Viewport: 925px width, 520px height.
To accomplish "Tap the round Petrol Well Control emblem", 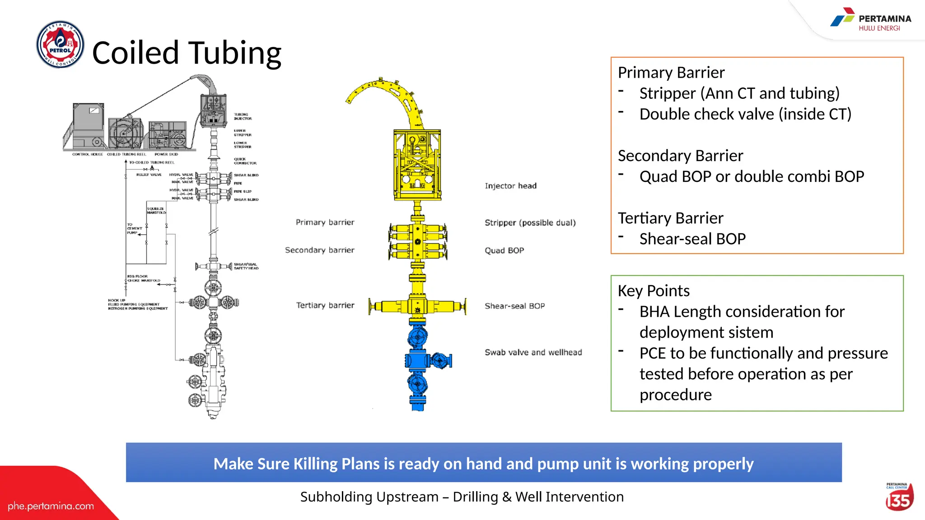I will coord(60,44).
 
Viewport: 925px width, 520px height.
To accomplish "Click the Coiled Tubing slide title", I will coord(187,53).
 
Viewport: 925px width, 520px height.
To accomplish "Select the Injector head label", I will coord(510,186).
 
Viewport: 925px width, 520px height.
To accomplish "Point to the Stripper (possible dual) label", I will coord(530,223).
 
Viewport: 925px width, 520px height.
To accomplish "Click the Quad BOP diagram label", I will coord(504,251).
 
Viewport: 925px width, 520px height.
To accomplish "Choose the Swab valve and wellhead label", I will coord(533,353).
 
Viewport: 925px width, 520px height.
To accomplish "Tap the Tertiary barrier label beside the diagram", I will coord(325,306).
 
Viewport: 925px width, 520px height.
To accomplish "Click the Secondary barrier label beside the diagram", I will coord(319,250).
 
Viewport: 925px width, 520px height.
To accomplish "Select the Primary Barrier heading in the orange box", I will coord(671,73).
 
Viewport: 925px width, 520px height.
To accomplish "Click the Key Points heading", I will coord(653,291).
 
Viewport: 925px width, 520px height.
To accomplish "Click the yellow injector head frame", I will coord(417,165).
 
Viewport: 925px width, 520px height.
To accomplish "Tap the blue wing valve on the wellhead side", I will coord(441,360).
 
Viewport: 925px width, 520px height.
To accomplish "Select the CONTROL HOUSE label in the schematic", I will coord(88,154).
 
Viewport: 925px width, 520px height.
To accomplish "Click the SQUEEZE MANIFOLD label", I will coord(156,210).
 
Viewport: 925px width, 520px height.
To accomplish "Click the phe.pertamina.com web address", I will coord(51,506).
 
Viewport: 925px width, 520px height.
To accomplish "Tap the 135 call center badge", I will coord(899,498).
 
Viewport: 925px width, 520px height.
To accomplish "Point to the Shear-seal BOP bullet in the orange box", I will coord(692,239).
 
